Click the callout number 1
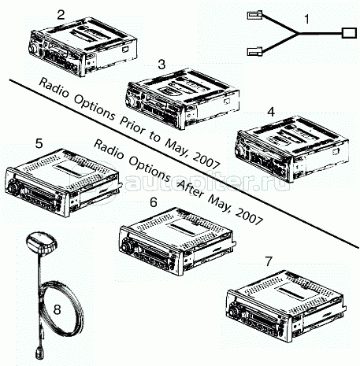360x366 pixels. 306,19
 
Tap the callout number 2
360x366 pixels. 61,15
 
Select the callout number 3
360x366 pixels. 161,65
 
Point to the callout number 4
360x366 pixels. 271,112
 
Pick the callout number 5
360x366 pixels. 39,144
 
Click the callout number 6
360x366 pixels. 153,202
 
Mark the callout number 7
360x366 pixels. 269,261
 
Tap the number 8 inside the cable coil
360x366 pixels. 57,309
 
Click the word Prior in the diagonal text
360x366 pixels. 133,127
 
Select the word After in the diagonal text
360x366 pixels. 191,188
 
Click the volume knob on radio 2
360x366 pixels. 33,49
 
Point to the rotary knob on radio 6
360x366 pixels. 126,247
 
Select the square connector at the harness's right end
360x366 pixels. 349,33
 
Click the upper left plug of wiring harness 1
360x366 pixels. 254,15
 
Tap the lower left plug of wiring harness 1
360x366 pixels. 254,51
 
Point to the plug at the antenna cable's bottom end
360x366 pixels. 38,352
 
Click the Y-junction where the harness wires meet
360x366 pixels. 299,34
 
